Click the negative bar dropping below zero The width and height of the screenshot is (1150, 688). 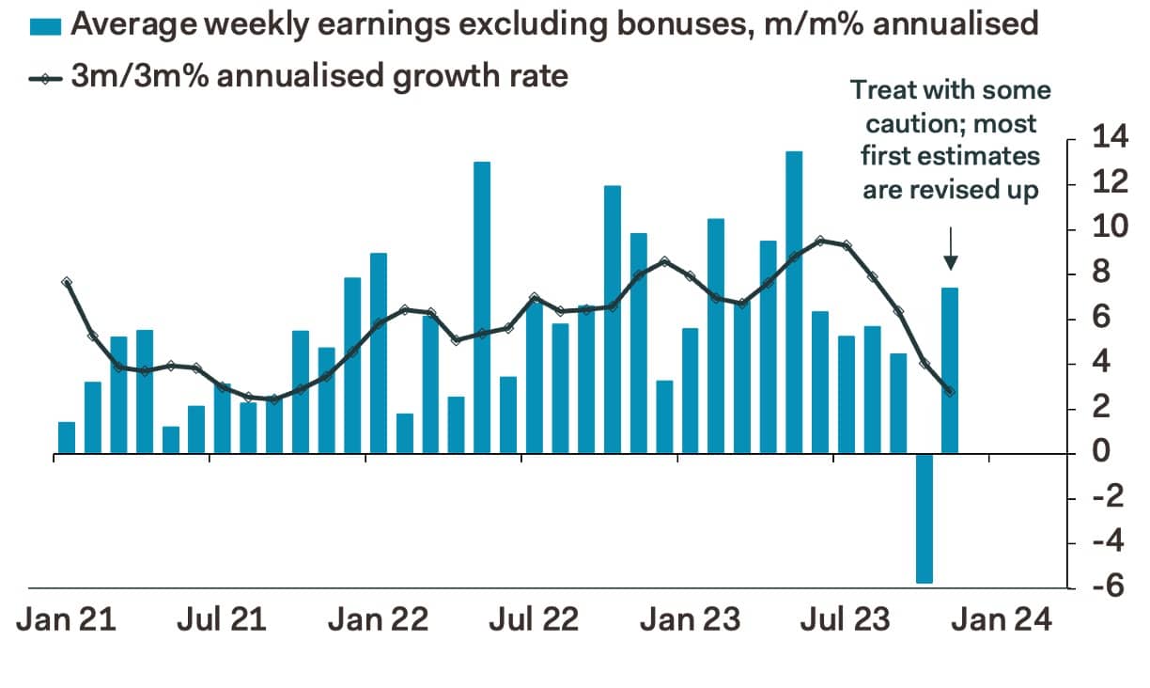pos(924,519)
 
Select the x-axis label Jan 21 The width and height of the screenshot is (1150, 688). pos(66,620)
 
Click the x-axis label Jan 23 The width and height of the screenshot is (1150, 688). pos(690,620)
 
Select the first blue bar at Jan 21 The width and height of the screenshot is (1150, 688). pos(67,438)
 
